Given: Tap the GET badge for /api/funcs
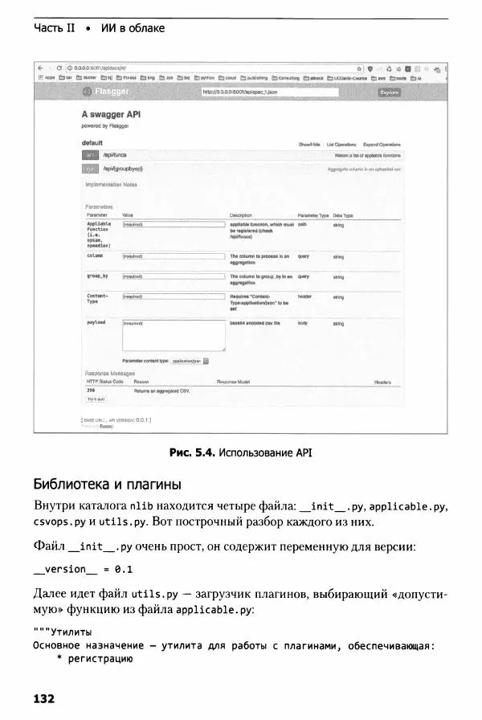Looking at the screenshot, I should coord(92,155).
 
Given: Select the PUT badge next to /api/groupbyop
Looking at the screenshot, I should coord(92,170).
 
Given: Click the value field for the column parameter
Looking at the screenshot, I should coord(173,256).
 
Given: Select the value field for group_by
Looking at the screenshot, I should coord(173,276).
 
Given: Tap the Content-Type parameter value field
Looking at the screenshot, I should coord(173,297).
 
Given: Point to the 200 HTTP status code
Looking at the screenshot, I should coord(91,390).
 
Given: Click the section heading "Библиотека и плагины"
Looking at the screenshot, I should coord(108,485).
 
